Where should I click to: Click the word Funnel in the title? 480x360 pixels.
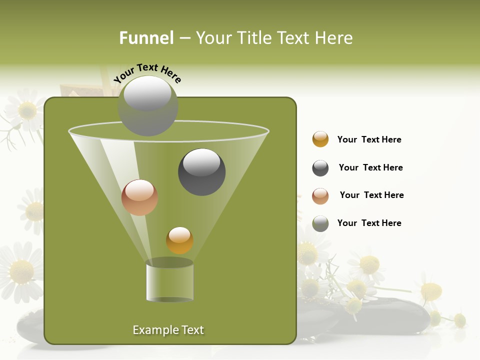(146, 38)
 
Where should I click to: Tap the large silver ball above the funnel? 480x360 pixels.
(148, 105)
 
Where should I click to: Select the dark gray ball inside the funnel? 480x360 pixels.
(201, 172)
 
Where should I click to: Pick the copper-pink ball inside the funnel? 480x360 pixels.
(139, 197)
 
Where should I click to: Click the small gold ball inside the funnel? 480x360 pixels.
(179, 240)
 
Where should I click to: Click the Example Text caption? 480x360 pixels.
(168, 330)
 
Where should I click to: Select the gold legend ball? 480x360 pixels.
(320, 139)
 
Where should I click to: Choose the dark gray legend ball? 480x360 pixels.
(320, 168)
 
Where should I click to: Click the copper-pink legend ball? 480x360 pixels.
(320, 196)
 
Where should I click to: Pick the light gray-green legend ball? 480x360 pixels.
(320, 223)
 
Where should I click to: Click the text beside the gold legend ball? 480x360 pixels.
(369, 139)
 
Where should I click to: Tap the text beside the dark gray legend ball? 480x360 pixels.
(370, 167)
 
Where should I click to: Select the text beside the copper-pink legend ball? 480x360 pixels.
(371, 195)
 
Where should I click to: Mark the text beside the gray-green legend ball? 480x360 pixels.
(369, 223)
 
